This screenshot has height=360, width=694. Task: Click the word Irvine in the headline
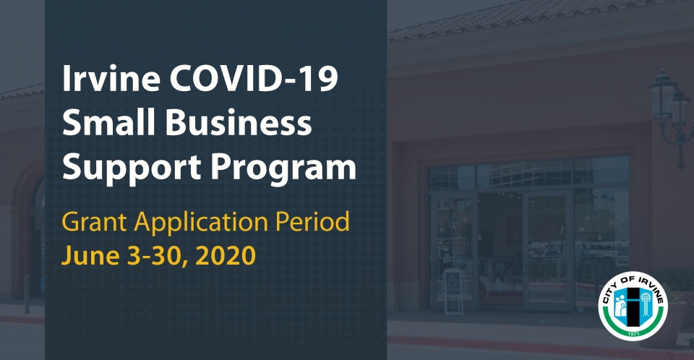pyautogui.click(x=111, y=78)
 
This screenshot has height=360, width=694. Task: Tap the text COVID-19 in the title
pyautogui.click(x=254, y=78)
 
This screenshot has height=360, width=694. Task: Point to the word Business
pyautogui.click(x=239, y=121)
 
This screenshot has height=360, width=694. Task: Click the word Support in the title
pyautogui.click(x=132, y=168)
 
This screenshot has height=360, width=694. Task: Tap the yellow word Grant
pyautogui.click(x=94, y=221)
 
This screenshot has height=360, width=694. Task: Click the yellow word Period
pyautogui.click(x=312, y=221)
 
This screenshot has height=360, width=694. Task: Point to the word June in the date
pyautogui.click(x=90, y=255)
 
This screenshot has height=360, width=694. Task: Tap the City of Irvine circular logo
pyautogui.click(x=633, y=306)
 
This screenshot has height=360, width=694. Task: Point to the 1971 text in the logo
pyautogui.click(x=633, y=333)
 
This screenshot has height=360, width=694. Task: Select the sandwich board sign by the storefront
pyautogui.click(x=453, y=292)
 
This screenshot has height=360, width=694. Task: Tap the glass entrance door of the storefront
pyautogui.click(x=548, y=249)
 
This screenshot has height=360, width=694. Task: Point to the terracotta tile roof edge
pyautogui.click(x=540, y=18)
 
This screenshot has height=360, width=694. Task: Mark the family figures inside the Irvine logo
pyautogui.click(x=621, y=304)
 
